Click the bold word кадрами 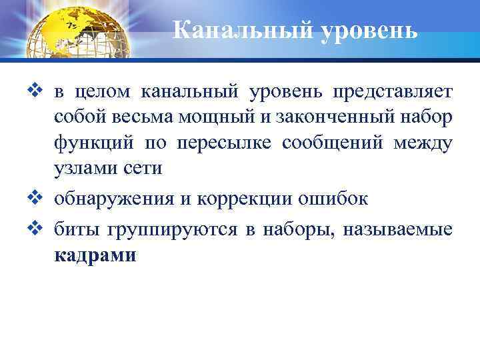coord(95,255)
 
